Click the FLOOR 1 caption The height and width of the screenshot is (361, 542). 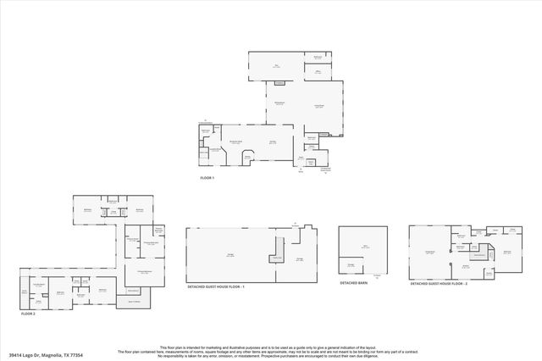[x=207, y=179]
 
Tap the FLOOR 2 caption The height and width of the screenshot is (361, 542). [x=29, y=314]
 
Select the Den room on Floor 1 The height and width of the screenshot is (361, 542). [x=276, y=65]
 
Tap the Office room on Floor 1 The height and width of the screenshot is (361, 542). [x=317, y=71]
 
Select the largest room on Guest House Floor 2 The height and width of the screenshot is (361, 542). [x=430, y=253]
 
